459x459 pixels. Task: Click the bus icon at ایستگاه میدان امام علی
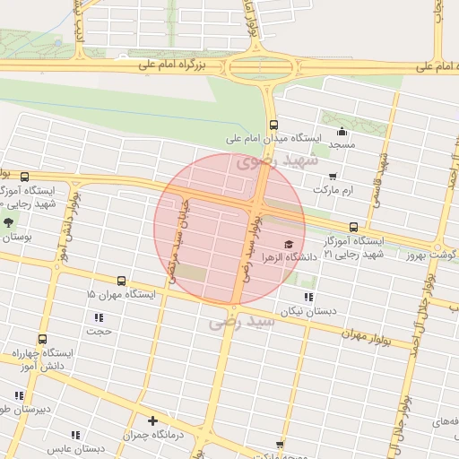[273, 126]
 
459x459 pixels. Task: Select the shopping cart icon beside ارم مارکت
[333, 177]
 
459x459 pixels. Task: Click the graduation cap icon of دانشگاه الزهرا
[288, 244]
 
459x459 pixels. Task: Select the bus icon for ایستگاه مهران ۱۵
[121, 281]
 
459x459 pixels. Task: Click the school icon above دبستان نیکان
[309, 297]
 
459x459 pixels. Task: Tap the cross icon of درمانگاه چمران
[153, 420]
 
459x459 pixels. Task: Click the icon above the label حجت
[98, 317]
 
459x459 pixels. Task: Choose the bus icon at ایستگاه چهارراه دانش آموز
[42, 340]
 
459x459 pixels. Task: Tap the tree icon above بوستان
[9, 222]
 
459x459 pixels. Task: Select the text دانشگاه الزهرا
[284, 257]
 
